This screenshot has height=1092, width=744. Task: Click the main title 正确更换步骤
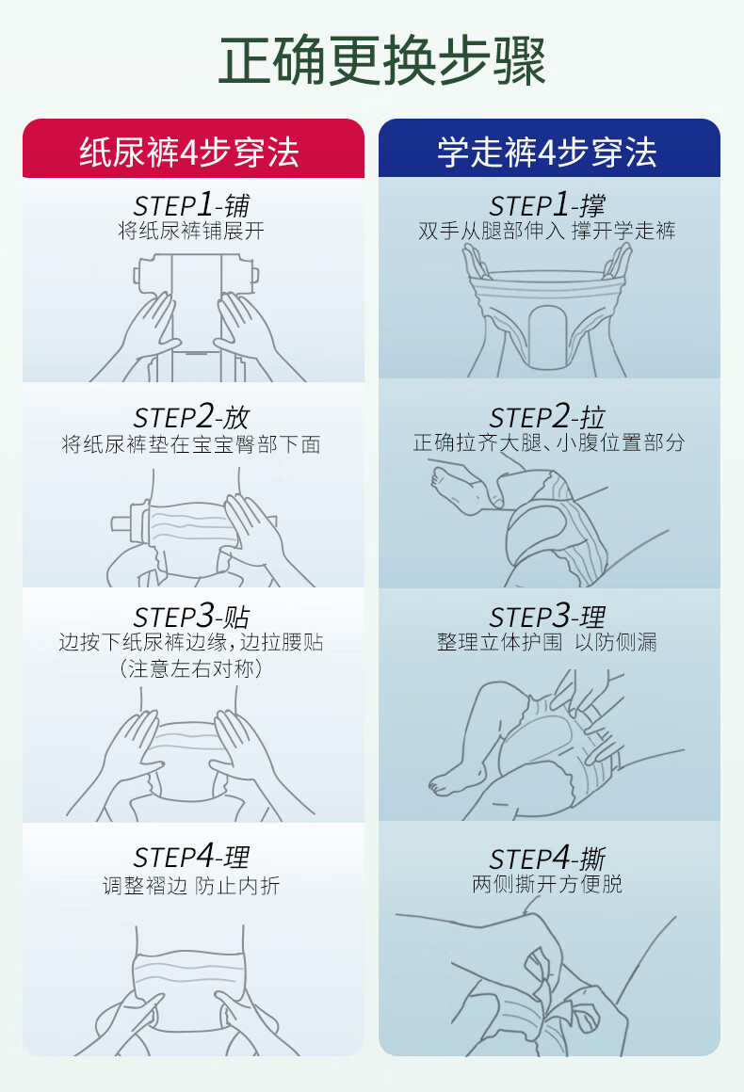click(381, 61)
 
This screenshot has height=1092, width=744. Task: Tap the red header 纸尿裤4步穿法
click(189, 153)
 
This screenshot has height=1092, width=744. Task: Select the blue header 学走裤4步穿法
click(547, 153)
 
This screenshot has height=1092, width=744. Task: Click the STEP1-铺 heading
click(191, 205)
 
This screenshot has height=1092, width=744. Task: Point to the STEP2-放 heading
click(191, 416)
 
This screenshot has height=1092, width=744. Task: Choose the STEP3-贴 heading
click(191, 617)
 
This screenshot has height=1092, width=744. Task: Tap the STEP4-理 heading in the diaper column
click(191, 857)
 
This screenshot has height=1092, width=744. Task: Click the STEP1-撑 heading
click(547, 205)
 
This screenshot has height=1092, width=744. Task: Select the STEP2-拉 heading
click(547, 416)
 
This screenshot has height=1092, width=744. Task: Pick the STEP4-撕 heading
click(547, 858)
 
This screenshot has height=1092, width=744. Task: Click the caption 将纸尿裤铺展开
click(191, 232)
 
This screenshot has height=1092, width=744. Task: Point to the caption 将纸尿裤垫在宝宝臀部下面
click(191, 443)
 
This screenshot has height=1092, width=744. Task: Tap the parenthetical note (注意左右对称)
click(191, 668)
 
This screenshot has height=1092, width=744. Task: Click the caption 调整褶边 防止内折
click(191, 885)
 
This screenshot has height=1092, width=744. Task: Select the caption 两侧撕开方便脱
click(547, 884)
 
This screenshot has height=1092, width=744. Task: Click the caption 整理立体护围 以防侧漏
click(547, 641)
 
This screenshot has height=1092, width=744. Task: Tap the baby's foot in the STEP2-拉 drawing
click(457, 488)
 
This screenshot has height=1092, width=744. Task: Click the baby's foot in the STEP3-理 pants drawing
click(453, 781)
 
